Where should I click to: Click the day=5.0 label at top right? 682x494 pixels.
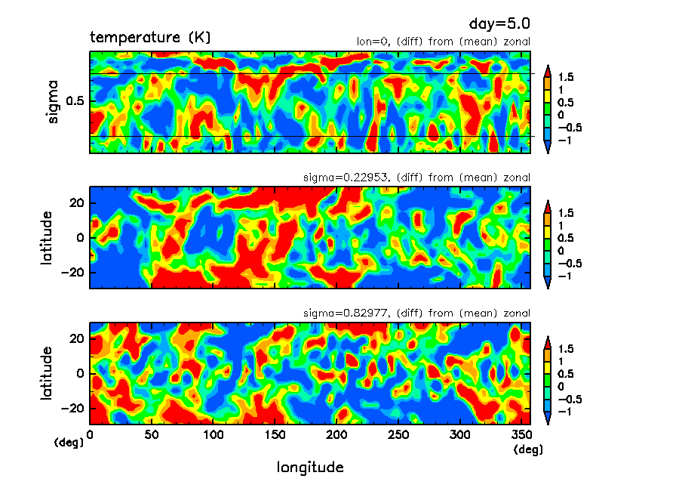(x=505, y=23)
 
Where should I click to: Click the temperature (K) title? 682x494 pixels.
(x=150, y=37)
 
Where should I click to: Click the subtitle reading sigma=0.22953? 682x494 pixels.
(x=416, y=178)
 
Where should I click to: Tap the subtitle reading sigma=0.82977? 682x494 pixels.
(x=416, y=313)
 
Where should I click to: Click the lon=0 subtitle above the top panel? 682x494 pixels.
(x=443, y=42)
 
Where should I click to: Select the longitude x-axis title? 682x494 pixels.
(x=310, y=468)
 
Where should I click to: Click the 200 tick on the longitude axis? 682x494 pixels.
(x=337, y=435)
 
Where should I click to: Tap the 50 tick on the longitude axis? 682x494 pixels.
(x=152, y=435)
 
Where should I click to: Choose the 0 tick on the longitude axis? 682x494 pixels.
(x=91, y=435)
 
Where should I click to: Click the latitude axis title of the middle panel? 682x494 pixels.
(x=48, y=237)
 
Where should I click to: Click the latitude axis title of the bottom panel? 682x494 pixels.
(x=48, y=373)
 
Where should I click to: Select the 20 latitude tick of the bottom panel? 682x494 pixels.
(x=76, y=339)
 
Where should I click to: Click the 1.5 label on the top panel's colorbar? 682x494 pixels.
(x=566, y=77)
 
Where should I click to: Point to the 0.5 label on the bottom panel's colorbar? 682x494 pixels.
(x=566, y=373)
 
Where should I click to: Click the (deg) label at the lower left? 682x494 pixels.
(x=69, y=442)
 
